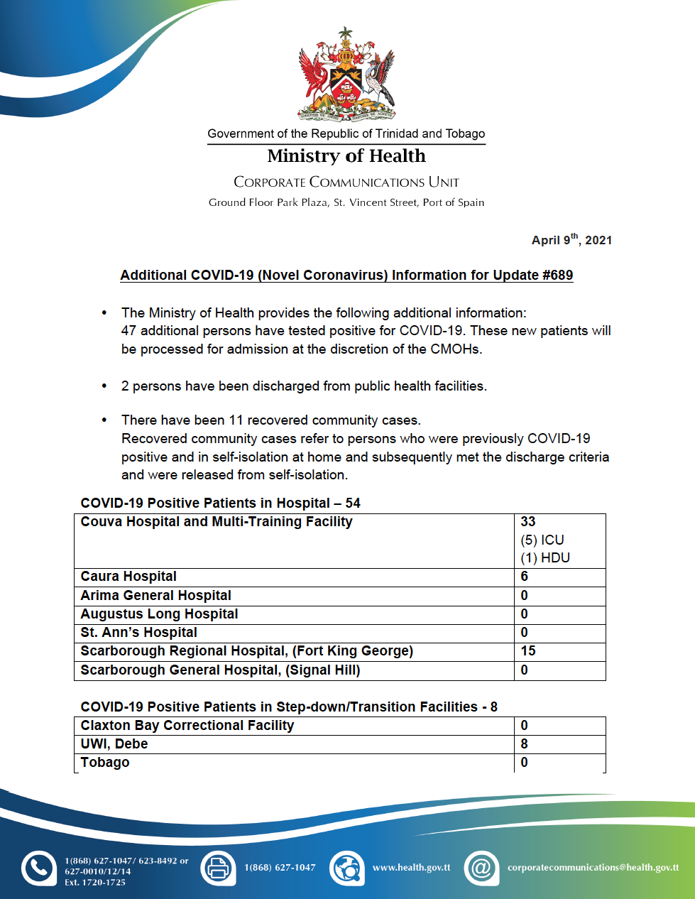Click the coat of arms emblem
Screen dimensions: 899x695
(x=346, y=75)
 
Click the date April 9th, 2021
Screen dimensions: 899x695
(x=571, y=240)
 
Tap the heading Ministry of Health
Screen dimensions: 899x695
(x=346, y=156)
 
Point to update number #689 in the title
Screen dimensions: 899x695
(x=557, y=276)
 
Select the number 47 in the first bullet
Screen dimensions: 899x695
(x=128, y=331)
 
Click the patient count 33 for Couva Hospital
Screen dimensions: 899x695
(x=528, y=522)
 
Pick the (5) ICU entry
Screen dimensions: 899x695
(x=542, y=540)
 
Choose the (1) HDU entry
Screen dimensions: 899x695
(x=545, y=558)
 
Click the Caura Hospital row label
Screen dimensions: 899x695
(x=128, y=577)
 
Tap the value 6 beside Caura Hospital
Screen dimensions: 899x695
(x=525, y=577)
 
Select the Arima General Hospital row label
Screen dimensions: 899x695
(x=156, y=596)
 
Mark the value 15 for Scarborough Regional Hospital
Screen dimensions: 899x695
(x=528, y=651)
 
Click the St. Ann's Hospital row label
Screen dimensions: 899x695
(x=139, y=633)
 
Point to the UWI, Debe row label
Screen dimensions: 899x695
(x=114, y=744)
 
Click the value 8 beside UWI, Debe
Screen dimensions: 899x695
(x=525, y=744)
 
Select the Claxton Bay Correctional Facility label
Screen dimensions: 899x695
(x=187, y=726)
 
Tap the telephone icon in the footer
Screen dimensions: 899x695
(x=38, y=868)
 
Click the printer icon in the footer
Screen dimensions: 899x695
(x=218, y=868)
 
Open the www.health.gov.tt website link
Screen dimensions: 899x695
(x=411, y=868)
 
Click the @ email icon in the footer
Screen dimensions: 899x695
(x=481, y=868)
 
